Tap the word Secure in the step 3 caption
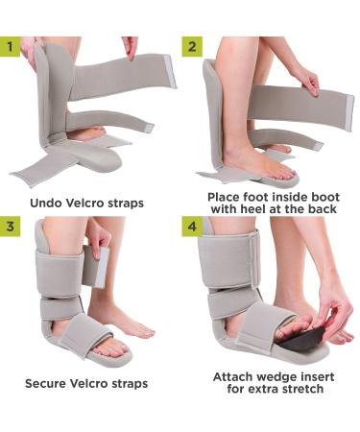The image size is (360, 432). click(47, 383)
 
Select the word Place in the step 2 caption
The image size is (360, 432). click(227, 196)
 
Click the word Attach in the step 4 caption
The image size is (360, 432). click(235, 376)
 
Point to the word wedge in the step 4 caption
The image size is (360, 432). click(279, 376)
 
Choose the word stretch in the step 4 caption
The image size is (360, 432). click(293, 390)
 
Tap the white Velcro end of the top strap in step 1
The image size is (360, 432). click(168, 69)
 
